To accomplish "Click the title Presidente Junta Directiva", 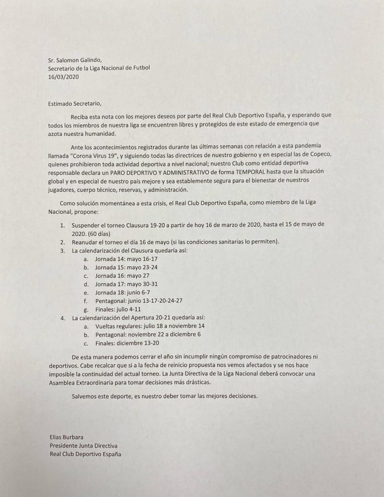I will tap(84, 446).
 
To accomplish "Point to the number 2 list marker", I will tap(62, 242).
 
